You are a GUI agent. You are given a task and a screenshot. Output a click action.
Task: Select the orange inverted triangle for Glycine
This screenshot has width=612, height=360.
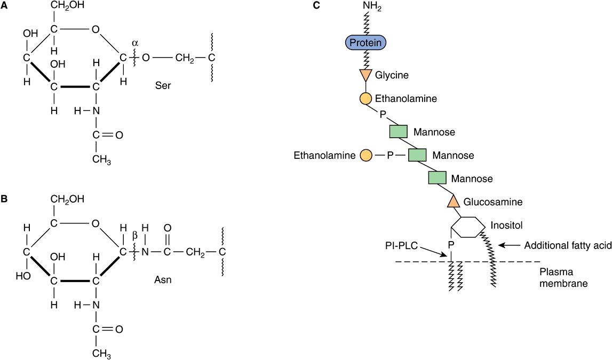pos(365,75)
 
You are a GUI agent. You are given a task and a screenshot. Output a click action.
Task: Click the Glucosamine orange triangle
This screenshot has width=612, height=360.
pos(453,202)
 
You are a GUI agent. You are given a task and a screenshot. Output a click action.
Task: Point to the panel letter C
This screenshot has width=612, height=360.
pos(316,7)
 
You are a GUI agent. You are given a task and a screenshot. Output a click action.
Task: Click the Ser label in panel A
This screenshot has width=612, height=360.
pos(163,85)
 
